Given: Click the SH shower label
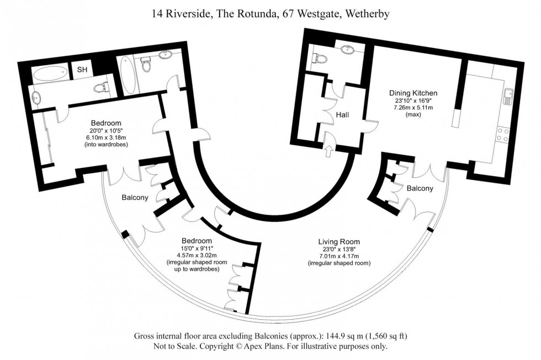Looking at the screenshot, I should (x=82, y=70).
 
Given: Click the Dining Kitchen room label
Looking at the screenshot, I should (x=413, y=93).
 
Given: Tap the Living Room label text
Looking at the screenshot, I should (x=338, y=241).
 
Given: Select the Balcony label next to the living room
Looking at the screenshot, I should (x=420, y=188).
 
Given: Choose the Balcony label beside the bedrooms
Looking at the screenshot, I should (x=135, y=197).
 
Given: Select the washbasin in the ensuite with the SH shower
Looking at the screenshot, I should (x=35, y=98).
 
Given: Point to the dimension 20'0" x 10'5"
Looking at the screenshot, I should (x=106, y=130).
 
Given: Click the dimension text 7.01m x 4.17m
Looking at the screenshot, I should (x=338, y=256).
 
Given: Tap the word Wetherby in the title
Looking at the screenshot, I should (x=367, y=14).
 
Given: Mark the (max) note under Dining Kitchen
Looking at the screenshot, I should (x=413, y=115).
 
